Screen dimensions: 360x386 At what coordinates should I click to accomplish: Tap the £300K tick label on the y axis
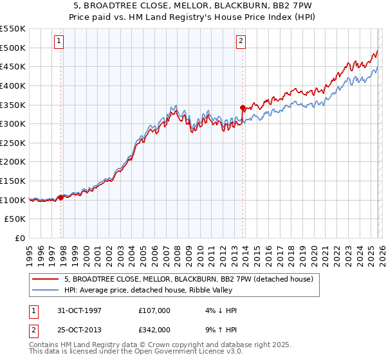(x=13, y=123)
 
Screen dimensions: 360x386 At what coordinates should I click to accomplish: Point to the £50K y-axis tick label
(x=15, y=219)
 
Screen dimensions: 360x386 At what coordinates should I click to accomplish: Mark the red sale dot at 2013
(x=243, y=107)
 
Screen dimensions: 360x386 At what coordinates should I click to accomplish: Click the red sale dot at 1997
(x=61, y=197)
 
